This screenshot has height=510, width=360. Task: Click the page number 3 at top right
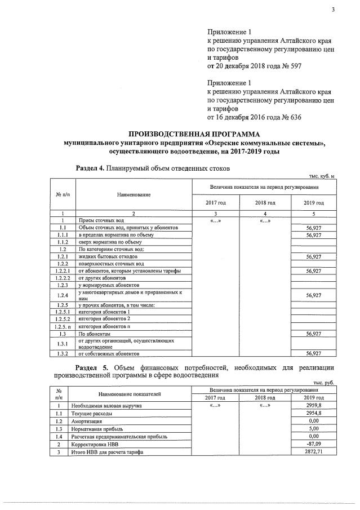(334, 7)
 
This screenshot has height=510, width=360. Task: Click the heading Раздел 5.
(92, 368)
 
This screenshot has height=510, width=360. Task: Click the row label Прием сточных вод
(101, 220)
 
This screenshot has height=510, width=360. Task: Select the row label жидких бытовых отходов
(108, 256)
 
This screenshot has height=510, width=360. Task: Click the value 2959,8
(313, 405)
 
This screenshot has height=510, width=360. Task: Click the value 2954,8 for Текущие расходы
(313, 413)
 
